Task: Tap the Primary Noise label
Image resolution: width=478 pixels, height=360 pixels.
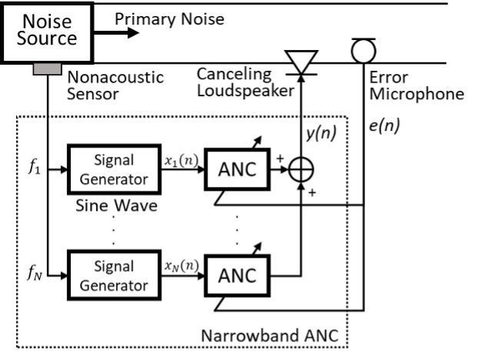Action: (170, 19)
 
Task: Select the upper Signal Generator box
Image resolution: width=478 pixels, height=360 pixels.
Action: (114, 168)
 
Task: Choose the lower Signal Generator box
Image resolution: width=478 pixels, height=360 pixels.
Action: (114, 276)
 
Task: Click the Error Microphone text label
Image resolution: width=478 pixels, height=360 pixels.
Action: (416, 86)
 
